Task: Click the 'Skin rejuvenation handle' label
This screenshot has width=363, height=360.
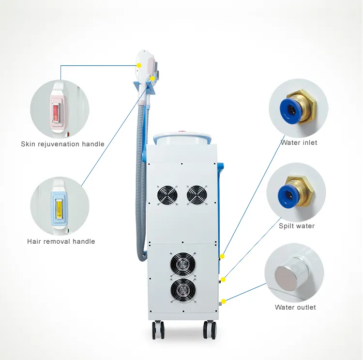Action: (x=62, y=144)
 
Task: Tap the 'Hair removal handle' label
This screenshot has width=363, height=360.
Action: (x=61, y=241)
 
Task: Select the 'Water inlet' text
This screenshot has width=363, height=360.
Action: (x=299, y=142)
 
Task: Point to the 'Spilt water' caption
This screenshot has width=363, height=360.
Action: (x=297, y=226)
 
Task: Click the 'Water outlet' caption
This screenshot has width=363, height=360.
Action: (x=295, y=307)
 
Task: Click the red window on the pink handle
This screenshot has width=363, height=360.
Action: (x=56, y=113)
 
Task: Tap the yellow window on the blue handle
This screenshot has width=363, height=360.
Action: (x=59, y=209)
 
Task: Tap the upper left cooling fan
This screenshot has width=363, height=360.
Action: (x=167, y=195)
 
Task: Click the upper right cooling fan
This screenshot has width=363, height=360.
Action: (x=197, y=194)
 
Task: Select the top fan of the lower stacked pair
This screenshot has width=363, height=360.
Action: (x=183, y=264)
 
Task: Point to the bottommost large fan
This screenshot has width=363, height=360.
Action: (x=183, y=290)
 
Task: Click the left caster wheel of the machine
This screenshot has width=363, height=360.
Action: (x=158, y=329)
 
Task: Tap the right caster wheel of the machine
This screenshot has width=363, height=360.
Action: (x=210, y=329)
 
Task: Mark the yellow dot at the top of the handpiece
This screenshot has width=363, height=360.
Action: (x=139, y=65)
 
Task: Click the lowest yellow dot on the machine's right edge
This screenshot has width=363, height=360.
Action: (x=224, y=301)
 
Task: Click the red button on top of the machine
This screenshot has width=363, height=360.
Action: (x=180, y=133)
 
